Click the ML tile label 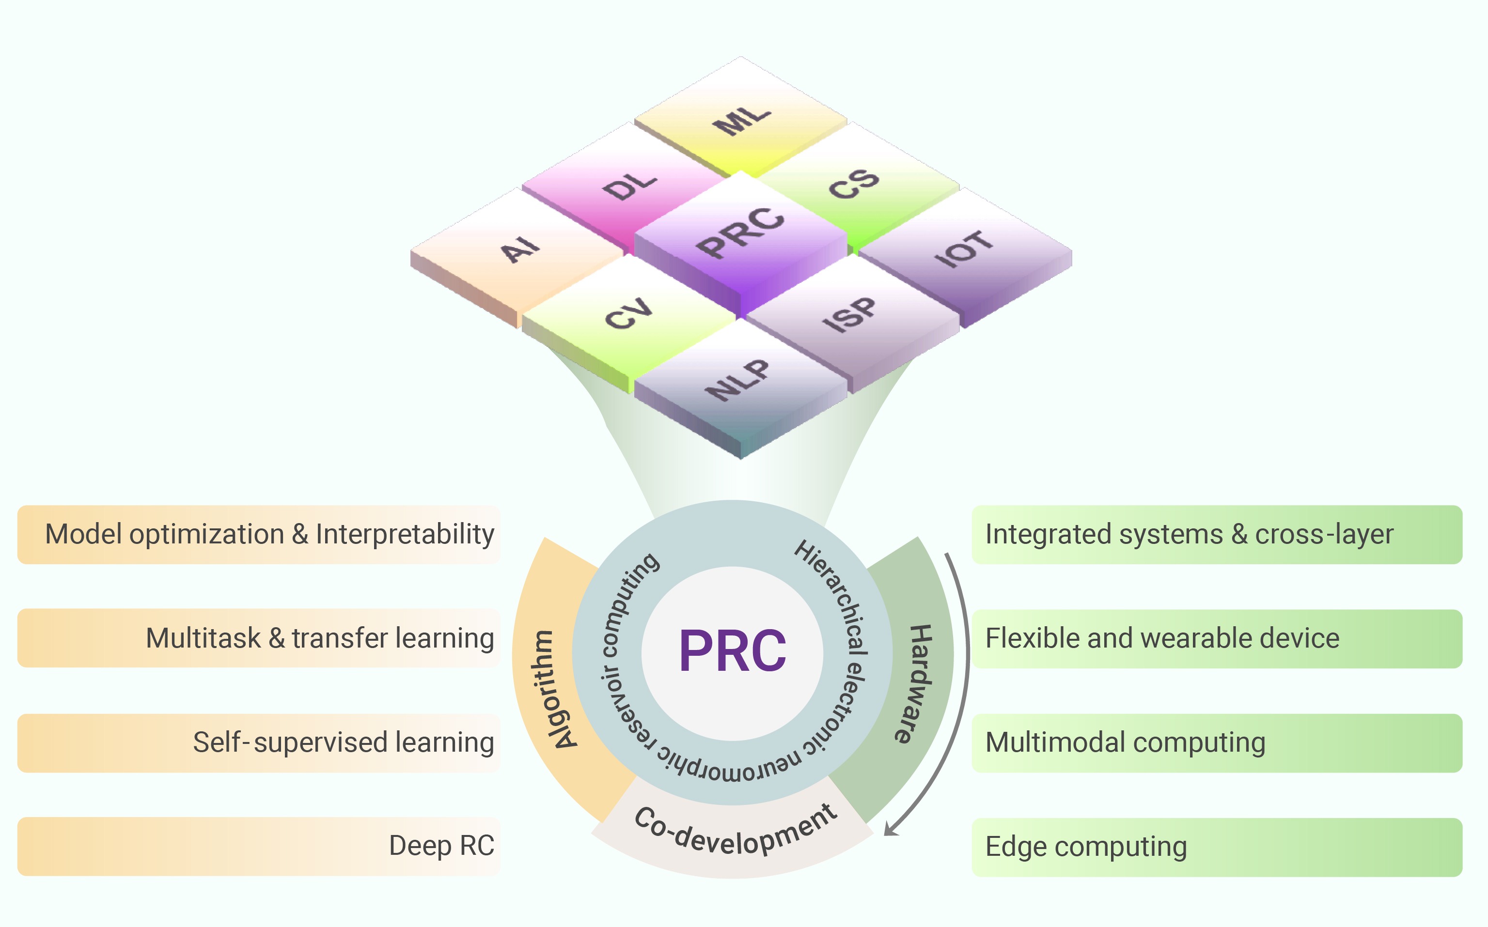[x=741, y=120]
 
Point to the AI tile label [x=519, y=249]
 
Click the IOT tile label [x=963, y=249]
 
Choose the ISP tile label [x=849, y=314]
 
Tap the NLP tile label [x=737, y=380]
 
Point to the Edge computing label [x=1086, y=847]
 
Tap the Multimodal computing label [x=1126, y=742]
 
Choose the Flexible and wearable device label [x=1162, y=638]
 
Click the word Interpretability [x=405, y=535]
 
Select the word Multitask [x=203, y=638]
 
